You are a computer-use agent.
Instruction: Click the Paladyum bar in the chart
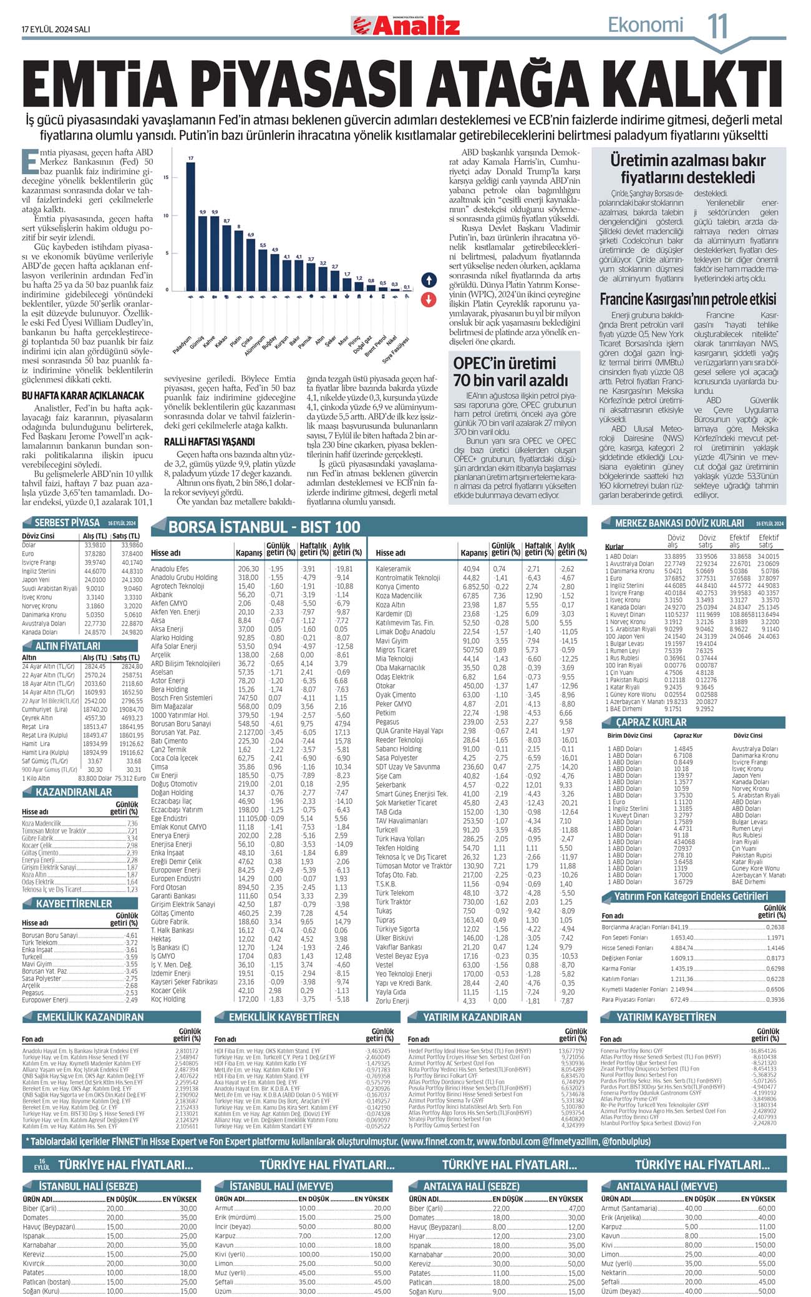(191, 226)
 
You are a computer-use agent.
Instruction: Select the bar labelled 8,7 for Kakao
(226, 257)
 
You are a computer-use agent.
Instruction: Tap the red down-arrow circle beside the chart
(428, 299)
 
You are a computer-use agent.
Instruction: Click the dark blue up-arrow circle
(428, 279)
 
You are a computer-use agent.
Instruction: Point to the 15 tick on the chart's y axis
(165, 178)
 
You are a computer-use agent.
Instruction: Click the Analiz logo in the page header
(406, 26)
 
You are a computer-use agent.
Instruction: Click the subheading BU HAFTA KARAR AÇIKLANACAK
(83, 396)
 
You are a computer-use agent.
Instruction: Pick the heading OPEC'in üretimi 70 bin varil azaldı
(511, 371)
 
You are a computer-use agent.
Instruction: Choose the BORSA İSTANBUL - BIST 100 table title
(265, 527)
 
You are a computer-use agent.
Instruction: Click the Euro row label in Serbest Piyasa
(28, 554)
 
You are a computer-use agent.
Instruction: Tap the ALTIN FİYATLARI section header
(67, 646)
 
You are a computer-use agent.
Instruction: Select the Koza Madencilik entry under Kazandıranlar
(42, 823)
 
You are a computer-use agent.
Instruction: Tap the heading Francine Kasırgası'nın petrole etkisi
(688, 299)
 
